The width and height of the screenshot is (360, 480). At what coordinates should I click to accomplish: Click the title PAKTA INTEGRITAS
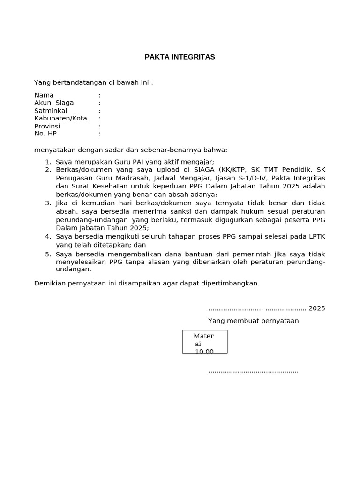180,57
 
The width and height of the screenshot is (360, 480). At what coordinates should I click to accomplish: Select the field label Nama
44,95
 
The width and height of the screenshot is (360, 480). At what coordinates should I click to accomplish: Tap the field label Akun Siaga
54,103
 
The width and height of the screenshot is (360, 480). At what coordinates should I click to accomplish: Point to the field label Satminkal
51,111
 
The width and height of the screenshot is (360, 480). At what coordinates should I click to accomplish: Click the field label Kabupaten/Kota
60,118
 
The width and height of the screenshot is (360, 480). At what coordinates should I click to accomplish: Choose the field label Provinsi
47,126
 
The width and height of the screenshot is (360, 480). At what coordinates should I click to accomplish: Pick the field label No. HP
45,134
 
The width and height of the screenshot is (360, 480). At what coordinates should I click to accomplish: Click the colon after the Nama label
99,95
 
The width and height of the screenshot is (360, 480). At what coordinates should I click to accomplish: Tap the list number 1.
48,162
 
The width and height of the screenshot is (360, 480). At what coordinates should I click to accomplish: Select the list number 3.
48,203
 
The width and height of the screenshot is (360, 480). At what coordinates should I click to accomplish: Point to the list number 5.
48,254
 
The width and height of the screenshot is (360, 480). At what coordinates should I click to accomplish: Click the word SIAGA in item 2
204,170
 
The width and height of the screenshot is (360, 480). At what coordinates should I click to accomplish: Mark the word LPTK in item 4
316,237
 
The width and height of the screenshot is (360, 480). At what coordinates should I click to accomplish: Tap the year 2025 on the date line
316,308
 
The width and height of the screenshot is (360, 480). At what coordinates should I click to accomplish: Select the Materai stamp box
205,342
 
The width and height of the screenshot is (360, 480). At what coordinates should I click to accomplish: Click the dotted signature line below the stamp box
253,371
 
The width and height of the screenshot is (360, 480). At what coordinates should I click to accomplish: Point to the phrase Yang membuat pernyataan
253,321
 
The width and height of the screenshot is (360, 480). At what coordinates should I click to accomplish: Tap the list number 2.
48,170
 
